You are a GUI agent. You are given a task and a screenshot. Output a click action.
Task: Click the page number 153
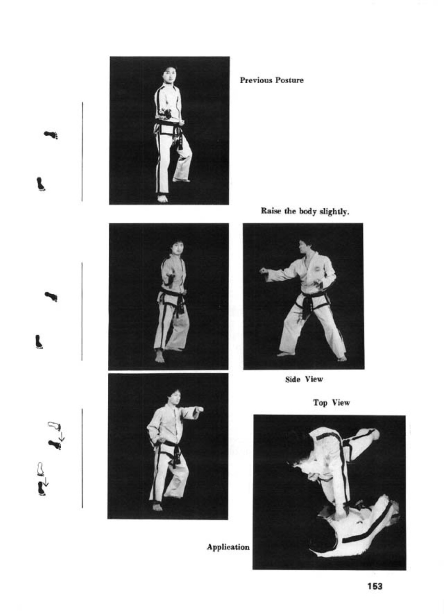tap(375, 586)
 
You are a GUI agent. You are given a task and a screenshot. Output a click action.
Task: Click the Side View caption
tap(304, 379)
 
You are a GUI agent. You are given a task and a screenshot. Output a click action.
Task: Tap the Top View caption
tap(331, 403)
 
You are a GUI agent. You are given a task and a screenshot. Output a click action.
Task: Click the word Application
tap(228, 547)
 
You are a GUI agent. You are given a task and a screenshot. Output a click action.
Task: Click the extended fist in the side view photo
tap(263, 271)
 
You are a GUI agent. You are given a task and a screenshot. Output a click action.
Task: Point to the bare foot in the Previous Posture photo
tap(162, 198)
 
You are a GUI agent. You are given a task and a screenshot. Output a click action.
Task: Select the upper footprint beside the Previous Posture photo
tap(51, 135)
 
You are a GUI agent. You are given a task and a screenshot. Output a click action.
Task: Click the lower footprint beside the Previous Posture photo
tap(40, 184)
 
